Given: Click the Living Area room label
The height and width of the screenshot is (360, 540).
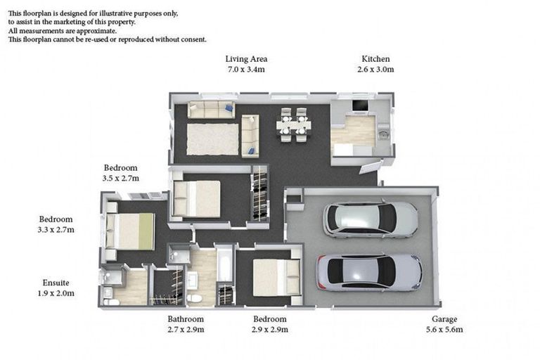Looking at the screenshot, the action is [x=246, y=59].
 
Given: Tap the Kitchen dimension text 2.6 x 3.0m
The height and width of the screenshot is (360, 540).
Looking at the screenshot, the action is [x=375, y=69].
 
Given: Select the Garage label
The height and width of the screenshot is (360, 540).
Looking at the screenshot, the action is [x=444, y=319].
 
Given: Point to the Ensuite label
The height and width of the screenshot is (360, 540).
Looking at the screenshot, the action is [x=56, y=283].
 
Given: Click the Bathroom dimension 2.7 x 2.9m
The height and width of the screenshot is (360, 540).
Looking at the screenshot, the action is [x=186, y=329].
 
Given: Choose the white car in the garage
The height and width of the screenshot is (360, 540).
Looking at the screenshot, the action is [x=371, y=219].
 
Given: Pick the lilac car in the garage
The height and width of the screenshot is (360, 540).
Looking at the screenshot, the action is [x=369, y=273].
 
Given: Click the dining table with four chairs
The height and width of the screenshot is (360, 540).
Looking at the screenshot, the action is [x=293, y=124].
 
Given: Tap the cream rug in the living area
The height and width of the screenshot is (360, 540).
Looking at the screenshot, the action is [x=212, y=139].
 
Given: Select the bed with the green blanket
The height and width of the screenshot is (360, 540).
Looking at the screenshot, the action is [x=130, y=231].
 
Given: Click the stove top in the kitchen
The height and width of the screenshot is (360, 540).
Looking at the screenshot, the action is [x=360, y=105].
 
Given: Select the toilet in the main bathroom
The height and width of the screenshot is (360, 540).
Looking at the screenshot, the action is [x=195, y=298].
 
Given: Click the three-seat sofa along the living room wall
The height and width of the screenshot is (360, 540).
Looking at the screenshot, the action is [x=211, y=110].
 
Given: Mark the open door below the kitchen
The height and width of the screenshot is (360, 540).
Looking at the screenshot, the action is [x=371, y=167].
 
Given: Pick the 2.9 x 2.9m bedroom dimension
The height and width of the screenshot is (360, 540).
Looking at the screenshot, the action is [x=270, y=329].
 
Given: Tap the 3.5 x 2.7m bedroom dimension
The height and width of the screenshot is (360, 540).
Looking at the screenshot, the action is [x=120, y=178].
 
